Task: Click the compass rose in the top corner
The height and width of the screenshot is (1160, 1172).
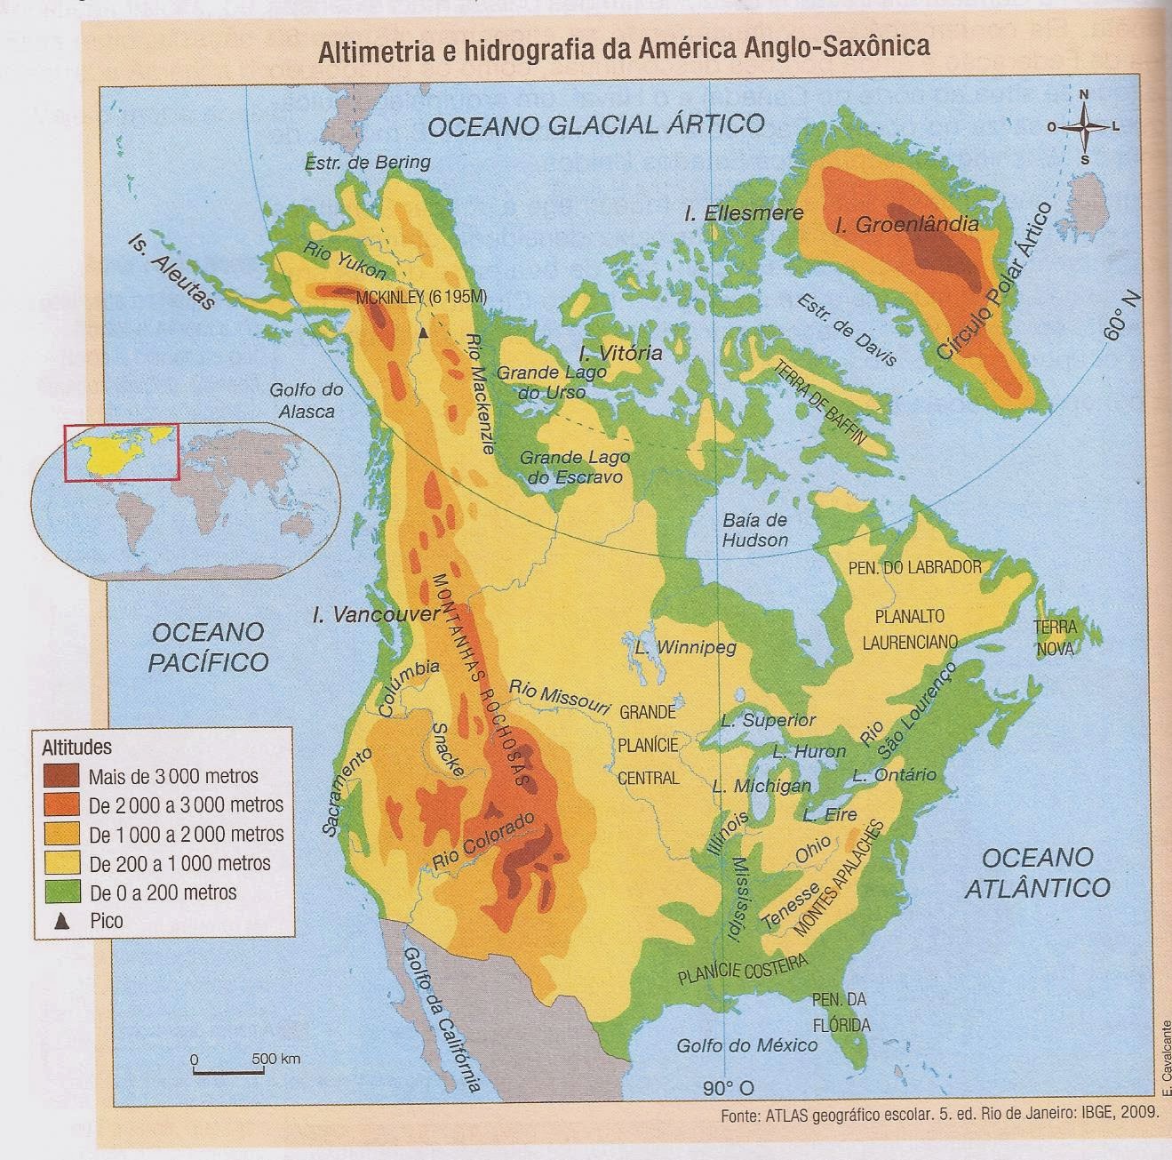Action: (x=1084, y=127)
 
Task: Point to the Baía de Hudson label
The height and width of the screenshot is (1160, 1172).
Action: (x=754, y=530)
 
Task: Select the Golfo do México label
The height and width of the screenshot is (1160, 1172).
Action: (x=746, y=1045)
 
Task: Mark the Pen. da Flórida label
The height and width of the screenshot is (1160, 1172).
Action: (x=840, y=1012)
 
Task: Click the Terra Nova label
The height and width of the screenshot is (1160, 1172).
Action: (x=1055, y=638)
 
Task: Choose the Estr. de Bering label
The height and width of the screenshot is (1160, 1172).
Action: (x=367, y=163)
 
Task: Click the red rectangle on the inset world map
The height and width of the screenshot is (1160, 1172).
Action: (x=121, y=452)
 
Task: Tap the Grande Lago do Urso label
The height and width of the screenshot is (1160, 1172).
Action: (x=540, y=382)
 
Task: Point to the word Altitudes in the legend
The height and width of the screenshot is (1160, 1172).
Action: (x=76, y=748)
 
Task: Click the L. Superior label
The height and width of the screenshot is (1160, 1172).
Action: (x=768, y=720)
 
